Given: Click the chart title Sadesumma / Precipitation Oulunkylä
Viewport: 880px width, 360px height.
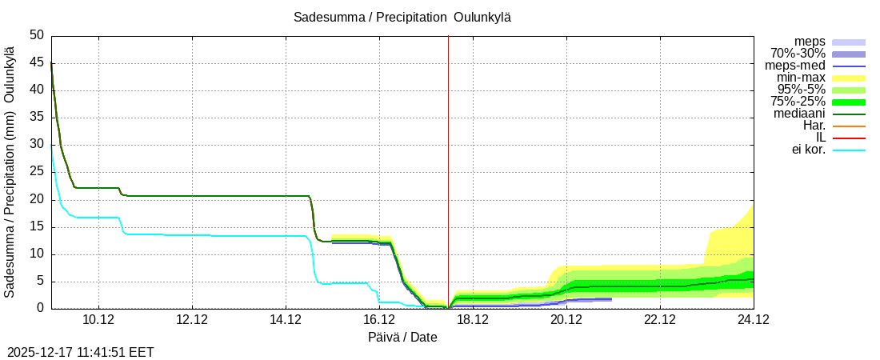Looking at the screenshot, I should click(x=402, y=18).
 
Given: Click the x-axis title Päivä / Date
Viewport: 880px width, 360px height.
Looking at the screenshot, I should click(x=402, y=337).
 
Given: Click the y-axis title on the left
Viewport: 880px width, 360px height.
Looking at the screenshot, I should click(x=10, y=172).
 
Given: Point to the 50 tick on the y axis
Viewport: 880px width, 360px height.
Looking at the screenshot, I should click(x=37, y=35).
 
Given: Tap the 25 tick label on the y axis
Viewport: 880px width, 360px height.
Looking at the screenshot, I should click(x=37, y=172).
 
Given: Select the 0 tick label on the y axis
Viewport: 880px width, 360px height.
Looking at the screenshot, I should click(x=41, y=309).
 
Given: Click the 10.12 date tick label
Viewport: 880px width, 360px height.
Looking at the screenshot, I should click(x=98, y=320).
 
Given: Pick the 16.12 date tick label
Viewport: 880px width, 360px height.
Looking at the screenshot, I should click(x=379, y=320).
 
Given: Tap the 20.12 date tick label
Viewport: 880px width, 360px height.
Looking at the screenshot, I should click(x=566, y=320).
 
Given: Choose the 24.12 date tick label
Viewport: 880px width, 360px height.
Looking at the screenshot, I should click(x=754, y=320).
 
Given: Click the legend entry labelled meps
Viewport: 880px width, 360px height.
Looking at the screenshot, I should click(x=810, y=42).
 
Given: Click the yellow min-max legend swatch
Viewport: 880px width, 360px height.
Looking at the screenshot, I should click(x=849, y=78).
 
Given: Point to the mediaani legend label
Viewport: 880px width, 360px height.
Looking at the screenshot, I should click(x=799, y=114).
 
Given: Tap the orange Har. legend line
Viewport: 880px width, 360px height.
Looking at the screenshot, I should click(x=849, y=126).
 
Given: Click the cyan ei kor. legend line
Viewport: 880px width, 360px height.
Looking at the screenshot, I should click(x=849, y=150).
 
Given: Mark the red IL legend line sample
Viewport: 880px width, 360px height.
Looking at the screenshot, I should click(x=849, y=138).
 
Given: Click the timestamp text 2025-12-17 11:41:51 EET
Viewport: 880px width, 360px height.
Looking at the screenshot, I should click(x=81, y=352).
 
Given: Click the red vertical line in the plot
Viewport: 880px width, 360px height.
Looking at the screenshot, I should click(x=448, y=160).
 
